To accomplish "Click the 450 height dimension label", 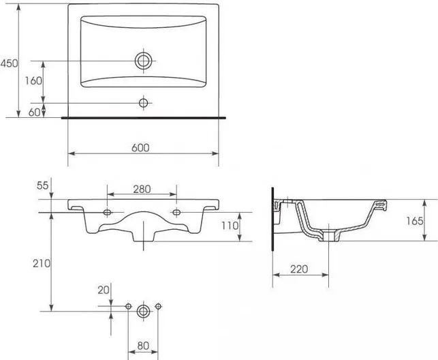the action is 9,63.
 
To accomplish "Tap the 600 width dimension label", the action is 140,147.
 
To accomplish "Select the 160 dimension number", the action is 33,80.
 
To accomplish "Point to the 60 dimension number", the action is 34,112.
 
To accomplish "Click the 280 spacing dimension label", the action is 142,190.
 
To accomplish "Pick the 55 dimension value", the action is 43,185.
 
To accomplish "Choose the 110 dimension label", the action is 230,226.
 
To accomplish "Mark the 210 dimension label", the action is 42,263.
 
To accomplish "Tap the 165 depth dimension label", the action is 415,221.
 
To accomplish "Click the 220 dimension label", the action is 299,269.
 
